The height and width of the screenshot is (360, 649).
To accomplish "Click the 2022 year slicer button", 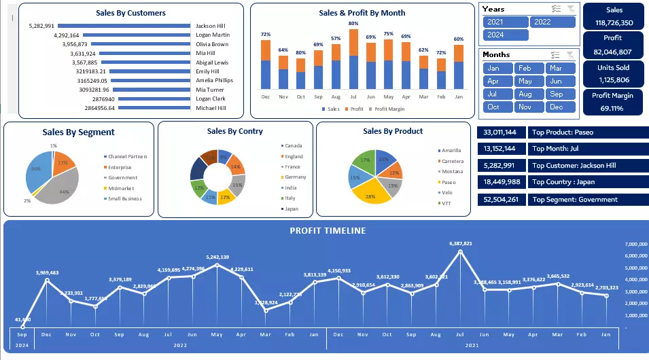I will tap(551, 22).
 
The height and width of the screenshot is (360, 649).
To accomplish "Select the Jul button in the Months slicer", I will tap(493, 94).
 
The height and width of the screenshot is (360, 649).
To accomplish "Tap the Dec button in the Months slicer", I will tap(555, 107).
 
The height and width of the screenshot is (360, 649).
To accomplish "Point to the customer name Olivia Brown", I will tap(212, 44).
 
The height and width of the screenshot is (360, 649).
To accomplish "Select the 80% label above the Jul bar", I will tap(353, 24).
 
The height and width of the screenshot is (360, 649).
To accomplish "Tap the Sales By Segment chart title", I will tap(78, 132).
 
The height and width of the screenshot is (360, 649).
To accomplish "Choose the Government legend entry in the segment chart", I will tap(123, 178).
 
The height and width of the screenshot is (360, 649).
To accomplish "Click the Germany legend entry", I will tap(295, 177).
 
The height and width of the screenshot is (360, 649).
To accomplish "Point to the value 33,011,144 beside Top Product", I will tap(502, 132).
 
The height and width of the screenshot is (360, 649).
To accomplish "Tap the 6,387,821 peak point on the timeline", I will tap(461, 252).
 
